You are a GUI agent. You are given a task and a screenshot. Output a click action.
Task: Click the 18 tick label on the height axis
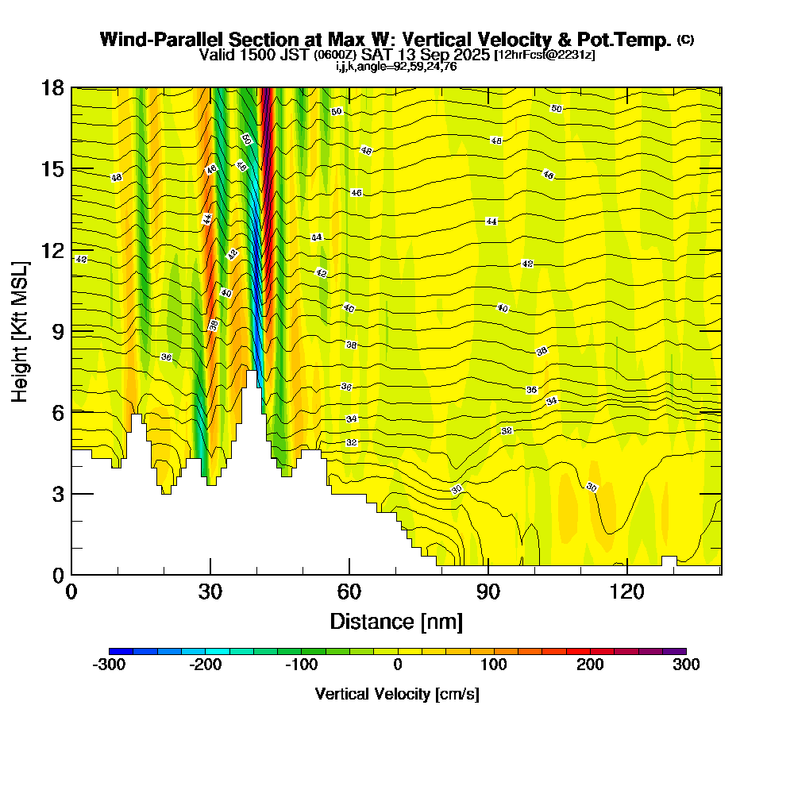click(x=52, y=87)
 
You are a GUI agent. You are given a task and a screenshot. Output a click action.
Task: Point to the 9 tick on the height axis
click(x=71, y=330)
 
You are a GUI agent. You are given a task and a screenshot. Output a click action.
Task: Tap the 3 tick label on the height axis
click(x=57, y=493)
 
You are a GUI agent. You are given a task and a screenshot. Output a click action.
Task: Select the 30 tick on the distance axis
click(x=210, y=574)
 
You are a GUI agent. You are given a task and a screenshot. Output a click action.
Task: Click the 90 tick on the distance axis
click(x=488, y=574)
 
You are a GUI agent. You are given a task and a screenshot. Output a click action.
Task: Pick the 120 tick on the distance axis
click(x=627, y=574)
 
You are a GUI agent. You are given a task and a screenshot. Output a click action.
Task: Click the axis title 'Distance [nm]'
click(x=396, y=620)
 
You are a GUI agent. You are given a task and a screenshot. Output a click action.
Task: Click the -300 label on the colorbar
click(x=109, y=665)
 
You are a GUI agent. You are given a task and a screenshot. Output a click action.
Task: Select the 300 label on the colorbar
click(x=685, y=665)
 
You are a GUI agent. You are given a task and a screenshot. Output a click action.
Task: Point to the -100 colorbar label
click(x=301, y=665)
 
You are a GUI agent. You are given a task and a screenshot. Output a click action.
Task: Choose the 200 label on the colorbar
click(x=590, y=665)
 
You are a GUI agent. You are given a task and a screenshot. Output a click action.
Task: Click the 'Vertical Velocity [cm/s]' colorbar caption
click(x=397, y=694)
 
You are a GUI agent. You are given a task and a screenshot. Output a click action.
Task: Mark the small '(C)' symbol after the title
click(x=685, y=39)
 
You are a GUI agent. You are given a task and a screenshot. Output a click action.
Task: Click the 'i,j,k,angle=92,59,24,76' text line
click(x=396, y=66)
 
